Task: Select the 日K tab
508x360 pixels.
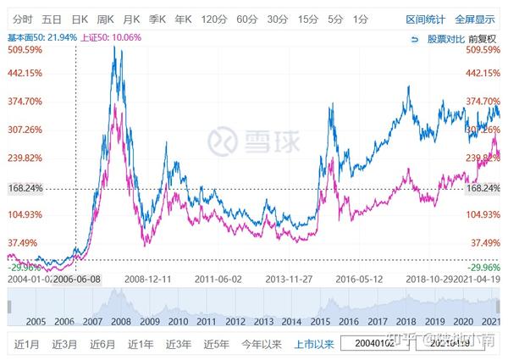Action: [80, 19]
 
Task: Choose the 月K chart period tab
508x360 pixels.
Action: [131, 19]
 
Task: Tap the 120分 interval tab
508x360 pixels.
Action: [214, 19]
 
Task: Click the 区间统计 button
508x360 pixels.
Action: [425, 19]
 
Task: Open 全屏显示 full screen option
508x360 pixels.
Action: [475, 19]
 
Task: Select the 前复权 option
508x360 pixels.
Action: [483, 38]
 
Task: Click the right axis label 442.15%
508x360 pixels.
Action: [483, 73]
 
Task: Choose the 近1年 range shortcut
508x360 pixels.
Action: [141, 345]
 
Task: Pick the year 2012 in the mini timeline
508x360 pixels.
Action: [236, 322]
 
